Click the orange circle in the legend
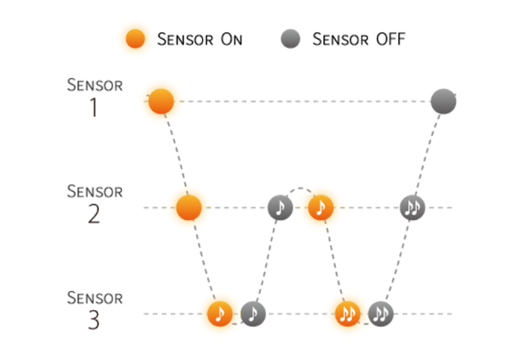(x=135, y=38)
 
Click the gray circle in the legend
(x=291, y=38)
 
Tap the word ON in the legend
(x=231, y=39)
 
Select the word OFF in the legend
(x=391, y=39)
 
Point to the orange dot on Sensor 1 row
(x=161, y=101)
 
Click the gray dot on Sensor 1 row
(x=444, y=101)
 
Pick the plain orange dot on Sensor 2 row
(x=189, y=208)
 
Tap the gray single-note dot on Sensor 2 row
(x=280, y=208)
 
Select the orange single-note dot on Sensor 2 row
(x=321, y=208)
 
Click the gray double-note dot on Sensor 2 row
(x=412, y=208)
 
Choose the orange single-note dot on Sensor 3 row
(x=220, y=313)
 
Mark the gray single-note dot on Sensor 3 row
(x=253, y=313)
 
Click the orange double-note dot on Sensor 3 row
(x=348, y=313)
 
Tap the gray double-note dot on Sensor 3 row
(x=381, y=313)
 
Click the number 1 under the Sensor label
(x=94, y=107)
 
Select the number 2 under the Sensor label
(x=94, y=214)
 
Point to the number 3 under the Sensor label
(x=94, y=320)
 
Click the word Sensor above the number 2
(x=94, y=191)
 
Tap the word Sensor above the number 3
(x=94, y=298)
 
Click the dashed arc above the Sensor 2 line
(x=301, y=188)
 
